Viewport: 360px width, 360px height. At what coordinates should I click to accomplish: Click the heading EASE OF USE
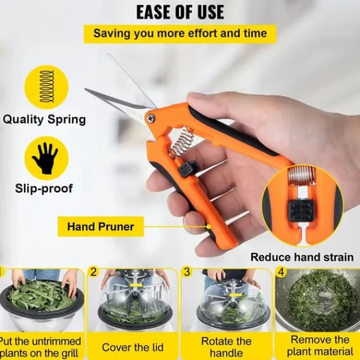click(180, 12)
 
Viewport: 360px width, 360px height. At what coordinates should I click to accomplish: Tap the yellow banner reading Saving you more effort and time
click(180, 34)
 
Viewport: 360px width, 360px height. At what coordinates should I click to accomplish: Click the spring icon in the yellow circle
click(47, 87)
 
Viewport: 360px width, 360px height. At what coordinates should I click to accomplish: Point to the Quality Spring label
click(44, 119)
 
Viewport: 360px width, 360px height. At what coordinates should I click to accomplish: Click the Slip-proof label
click(44, 188)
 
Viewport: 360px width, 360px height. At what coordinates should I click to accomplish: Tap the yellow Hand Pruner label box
click(101, 227)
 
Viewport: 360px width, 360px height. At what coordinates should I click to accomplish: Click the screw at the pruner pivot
click(151, 118)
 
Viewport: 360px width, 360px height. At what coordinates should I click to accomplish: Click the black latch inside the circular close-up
click(301, 211)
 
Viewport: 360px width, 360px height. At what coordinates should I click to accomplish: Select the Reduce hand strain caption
click(302, 257)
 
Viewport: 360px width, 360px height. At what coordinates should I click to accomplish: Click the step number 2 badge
click(94, 272)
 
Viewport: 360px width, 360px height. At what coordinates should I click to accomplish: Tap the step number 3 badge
click(187, 272)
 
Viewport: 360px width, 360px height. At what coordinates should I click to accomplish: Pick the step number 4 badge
click(281, 272)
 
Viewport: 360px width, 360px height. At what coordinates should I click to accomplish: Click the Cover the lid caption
click(133, 347)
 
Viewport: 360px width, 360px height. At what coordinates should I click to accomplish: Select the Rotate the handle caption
click(226, 347)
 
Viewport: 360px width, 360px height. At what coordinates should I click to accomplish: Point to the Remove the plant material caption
click(320, 346)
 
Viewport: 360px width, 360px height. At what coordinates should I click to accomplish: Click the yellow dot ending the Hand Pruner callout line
click(209, 227)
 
